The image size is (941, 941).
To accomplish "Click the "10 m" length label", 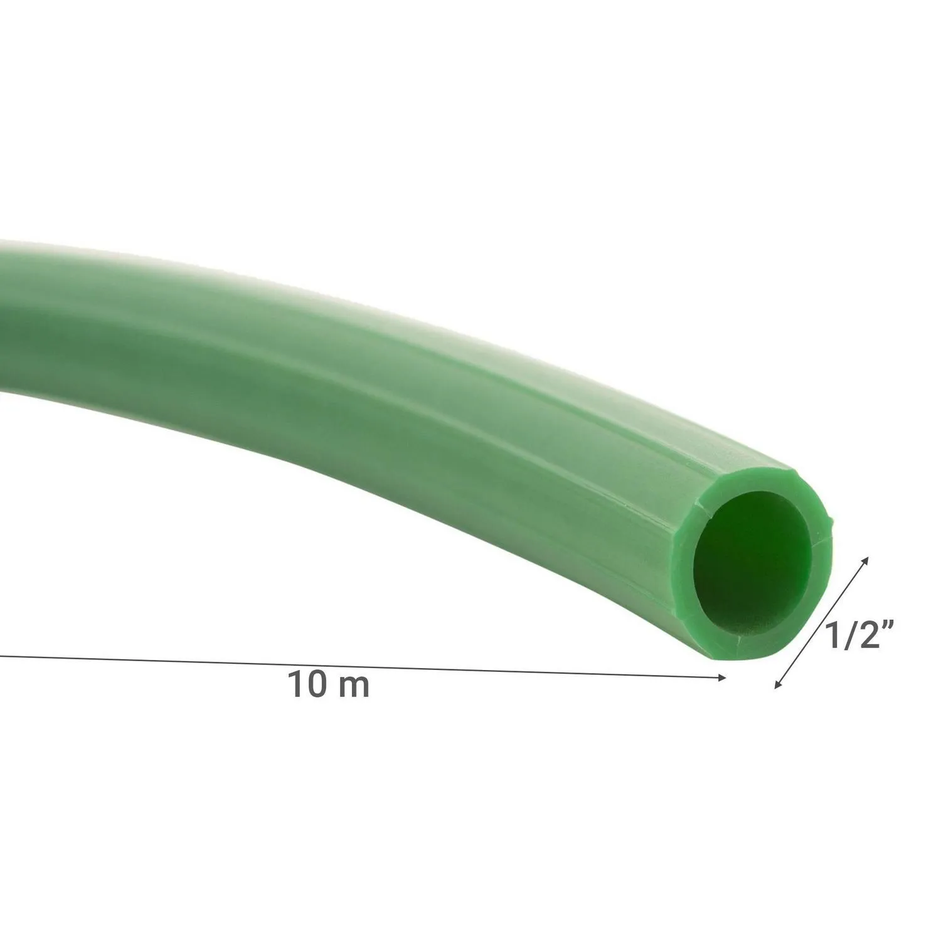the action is (x=329, y=684).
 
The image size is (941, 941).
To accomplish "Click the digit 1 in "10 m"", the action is (x=294, y=684).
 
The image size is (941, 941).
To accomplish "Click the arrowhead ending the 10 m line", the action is (x=722, y=677).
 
